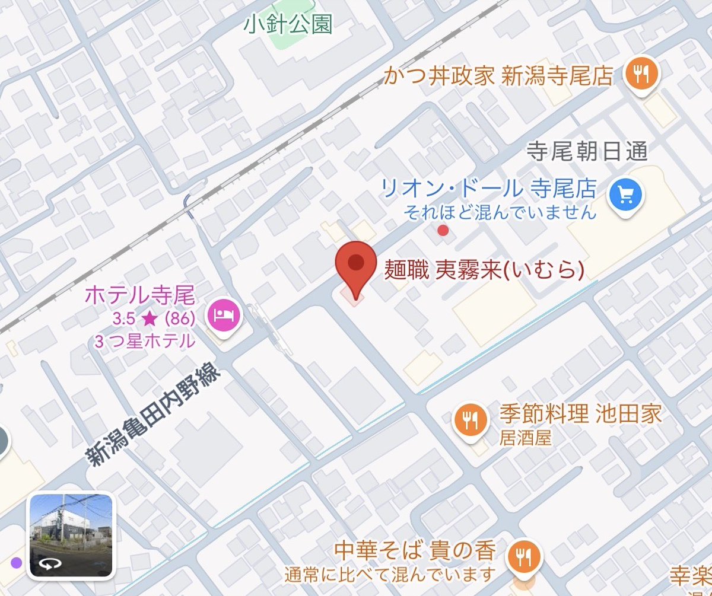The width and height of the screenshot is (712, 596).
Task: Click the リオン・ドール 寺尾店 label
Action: coord(488,189)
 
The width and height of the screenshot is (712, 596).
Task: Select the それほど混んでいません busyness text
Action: coord(500,212)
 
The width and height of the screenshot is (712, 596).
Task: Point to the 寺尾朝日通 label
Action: coord(587,154)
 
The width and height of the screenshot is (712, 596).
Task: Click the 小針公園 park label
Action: coord(288,25)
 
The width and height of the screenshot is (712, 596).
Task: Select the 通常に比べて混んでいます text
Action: coord(390,574)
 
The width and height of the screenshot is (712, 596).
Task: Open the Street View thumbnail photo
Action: coord(71,535)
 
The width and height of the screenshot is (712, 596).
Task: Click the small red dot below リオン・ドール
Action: coord(443,230)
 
